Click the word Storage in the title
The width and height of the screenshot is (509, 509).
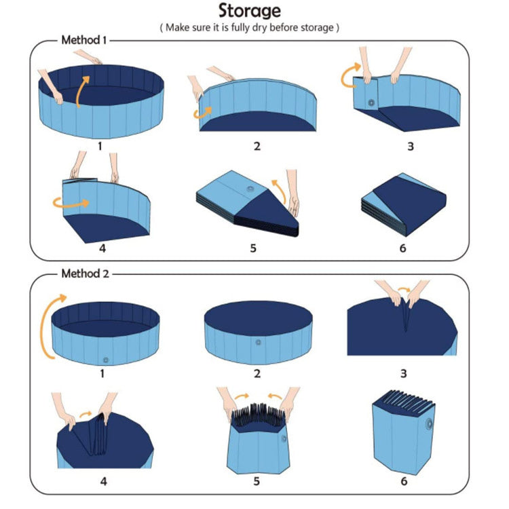(x=248, y=12)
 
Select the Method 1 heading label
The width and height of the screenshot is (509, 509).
(x=84, y=40)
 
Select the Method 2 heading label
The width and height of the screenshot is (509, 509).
(x=85, y=274)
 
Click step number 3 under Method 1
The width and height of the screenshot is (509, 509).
(x=411, y=146)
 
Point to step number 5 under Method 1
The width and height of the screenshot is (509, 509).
(x=253, y=248)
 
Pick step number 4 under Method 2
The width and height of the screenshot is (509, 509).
(x=103, y=482)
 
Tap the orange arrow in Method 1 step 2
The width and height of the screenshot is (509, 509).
(x=201, y=113)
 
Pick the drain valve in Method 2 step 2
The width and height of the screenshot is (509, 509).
(x=257, y=342)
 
